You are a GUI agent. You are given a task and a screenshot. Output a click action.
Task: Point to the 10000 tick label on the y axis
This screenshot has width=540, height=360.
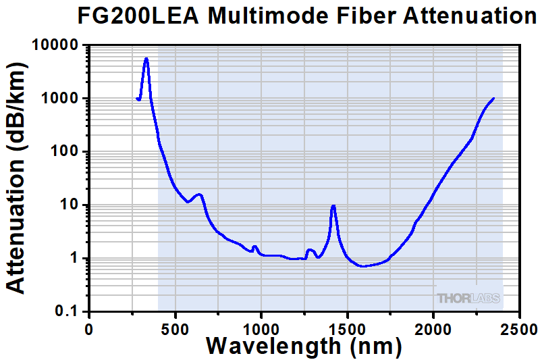tap(56, 45)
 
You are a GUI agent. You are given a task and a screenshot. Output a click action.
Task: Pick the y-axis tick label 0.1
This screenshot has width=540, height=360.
tap(69, 311)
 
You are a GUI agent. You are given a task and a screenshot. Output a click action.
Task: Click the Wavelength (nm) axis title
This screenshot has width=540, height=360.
tap(304, 347)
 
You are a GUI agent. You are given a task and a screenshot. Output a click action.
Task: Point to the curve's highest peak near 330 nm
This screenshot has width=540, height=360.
tap(146, 59)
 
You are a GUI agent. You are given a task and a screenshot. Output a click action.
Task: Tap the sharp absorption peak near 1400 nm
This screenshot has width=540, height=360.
tap(333, 206)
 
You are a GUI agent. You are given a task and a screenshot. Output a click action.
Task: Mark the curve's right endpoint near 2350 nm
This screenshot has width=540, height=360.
tap(493, 99)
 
